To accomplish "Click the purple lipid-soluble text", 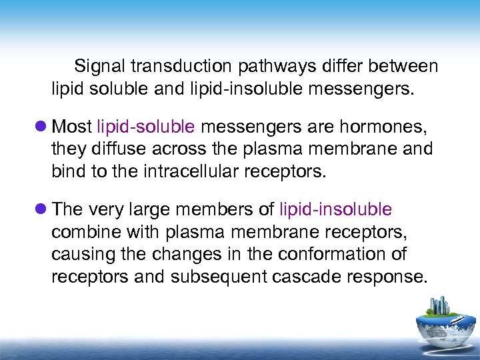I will [x=146, y=126].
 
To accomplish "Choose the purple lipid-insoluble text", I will [x=336, y=209].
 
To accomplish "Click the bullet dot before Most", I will [x=41, y=126].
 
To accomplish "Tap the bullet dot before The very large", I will [x=41, y=209].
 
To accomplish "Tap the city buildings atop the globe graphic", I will [x=438, y=307].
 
